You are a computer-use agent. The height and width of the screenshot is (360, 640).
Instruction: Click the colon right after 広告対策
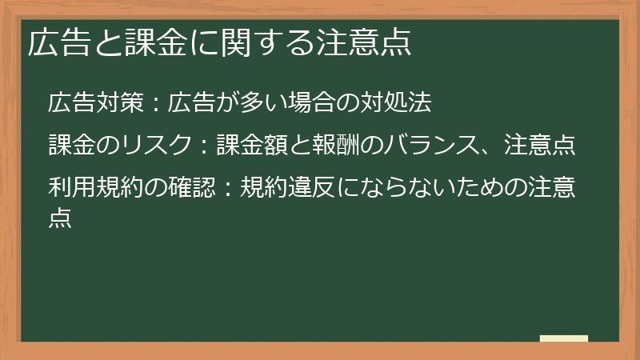pyautogui.click(x=156, y=104)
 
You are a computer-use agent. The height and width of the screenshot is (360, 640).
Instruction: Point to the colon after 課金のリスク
pyautogui.click(x=204, y=146)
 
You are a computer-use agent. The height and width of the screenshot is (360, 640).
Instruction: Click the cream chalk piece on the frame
pyautogui.click(x=563, y=338)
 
